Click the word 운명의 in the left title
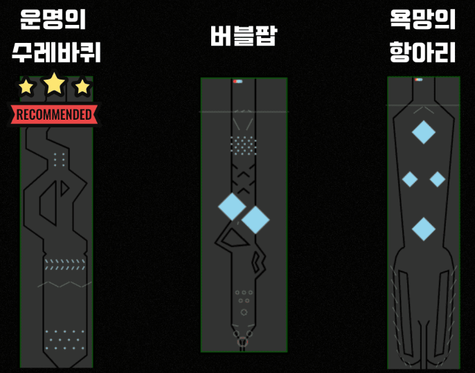click(53, 19)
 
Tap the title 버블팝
click(243, 36)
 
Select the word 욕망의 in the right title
click(423, 19)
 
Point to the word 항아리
click(423, 52)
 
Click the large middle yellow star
click(55, 84)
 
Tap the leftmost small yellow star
click(26, 87)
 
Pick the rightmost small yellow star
click(82, 87)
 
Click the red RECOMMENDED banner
click(53, 114)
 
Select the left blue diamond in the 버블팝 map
click(231, 206)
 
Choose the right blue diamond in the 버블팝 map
click(256, 219)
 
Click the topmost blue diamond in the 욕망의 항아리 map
click(423, 131)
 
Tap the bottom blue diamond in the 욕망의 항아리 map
click(423, 228)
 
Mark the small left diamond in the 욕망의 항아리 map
click(409, 179)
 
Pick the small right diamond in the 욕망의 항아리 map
click(438, 179)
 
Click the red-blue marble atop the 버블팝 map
click(238, 81)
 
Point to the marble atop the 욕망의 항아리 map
click(418, 80)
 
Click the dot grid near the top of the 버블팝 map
click(243, 145)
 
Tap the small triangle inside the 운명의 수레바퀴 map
click(64, 188)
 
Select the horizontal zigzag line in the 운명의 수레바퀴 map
click(64, 284)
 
